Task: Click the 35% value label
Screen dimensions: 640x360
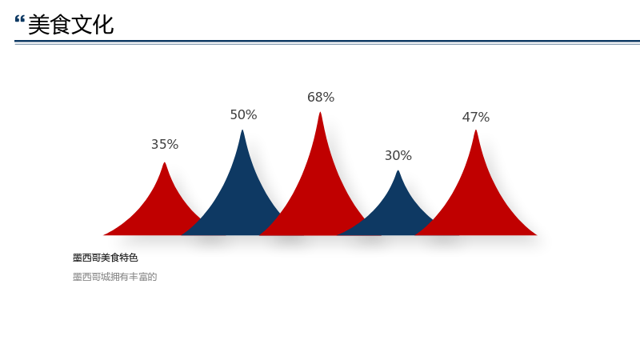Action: pyautogui.click(x=165, y=144)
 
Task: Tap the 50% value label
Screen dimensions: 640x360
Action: pyautogui.click(x=244, y=114)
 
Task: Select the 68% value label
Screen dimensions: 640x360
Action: pyautogui.click(x=321, y=97)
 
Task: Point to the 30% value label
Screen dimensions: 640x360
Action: pyautogui.click(x=398, y=155)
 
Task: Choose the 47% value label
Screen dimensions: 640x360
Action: pyautogui.click(x=476, y=117)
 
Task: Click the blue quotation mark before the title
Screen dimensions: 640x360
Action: pyautogui.click(x=19, y=19)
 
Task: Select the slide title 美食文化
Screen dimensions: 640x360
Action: pyautogui.click(x=70, y=25)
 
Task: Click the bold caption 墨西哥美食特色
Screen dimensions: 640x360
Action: pyautogui.click(x=106, y=258)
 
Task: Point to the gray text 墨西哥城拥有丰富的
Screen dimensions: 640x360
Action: pyautogui.click(x=114, y=277)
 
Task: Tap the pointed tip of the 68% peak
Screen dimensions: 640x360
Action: pyautogui.click(x=320, y=113)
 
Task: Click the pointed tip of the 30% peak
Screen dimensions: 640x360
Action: pyautogui.click(x=398, y=171)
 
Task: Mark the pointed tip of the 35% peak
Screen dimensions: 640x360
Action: pyautogui.click(x=165, y=163)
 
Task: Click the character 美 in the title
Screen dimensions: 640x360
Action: pyautogui.click(x=38, y=25)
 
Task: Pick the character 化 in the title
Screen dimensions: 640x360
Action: pyautogui.click(x=103, y=25)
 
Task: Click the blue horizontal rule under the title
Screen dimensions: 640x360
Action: pyautogui.click(x=327, y=42)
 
